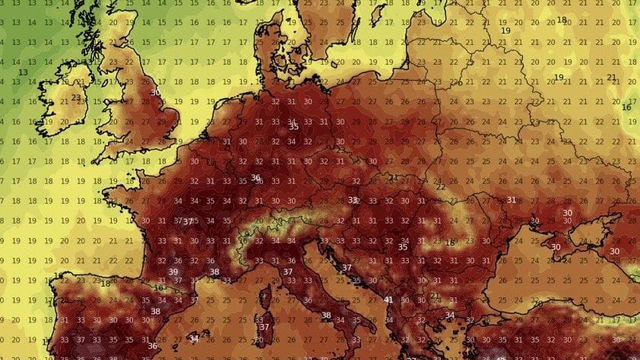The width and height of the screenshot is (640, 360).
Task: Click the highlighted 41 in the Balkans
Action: [x=388, y=300]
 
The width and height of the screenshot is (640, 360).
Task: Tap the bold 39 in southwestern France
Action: [x=174, y=272]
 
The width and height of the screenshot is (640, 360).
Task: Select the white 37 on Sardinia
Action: [x=265, y=327]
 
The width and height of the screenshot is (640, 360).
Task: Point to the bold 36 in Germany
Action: [x=256, y=178]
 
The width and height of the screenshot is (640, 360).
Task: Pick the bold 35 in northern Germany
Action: [x=293, y=126]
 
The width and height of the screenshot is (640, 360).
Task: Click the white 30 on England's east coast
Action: [x=155, y=92]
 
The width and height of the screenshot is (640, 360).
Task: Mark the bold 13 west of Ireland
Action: [x=23, y=73]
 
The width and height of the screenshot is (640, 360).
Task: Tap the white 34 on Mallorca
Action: [x=194, y=339]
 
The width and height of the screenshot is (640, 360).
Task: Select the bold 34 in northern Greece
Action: [x=449, y=315]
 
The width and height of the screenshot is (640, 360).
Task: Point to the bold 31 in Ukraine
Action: [x=511, y=200]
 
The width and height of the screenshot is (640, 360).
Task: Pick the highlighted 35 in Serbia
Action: [x=402, y=247]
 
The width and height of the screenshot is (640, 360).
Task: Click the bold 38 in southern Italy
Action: [x=326, y=315]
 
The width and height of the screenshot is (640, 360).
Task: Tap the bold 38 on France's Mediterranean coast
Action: [x=214, y=272]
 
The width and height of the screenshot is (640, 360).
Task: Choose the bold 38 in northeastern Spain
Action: [x=155, y=311]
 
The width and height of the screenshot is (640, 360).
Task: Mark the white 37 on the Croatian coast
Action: [x=346, y=267]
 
